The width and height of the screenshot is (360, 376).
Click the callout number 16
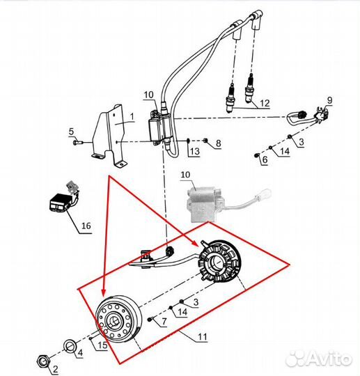point(86,226)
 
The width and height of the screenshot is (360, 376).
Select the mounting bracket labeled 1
point(111,136)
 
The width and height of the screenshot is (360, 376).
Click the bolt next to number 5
point(77,143)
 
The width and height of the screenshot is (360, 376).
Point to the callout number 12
point(265,103)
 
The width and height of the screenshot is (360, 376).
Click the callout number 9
point(330,100)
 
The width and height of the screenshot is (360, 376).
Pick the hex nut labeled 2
point(43,361)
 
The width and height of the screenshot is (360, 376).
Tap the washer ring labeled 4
point(70,347)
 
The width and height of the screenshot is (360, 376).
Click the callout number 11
point(202,337)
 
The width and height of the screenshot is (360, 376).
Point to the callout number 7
point(164,322)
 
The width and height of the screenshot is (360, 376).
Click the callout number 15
point(102,345)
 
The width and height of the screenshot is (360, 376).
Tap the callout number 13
point(195,151)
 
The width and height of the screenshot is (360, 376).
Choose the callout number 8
point(218,143)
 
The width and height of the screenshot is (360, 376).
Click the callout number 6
point(265,159)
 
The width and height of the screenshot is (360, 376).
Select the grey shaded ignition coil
point(204,204)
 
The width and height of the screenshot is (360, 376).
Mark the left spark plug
point(231,98)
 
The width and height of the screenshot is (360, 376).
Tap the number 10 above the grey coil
point(185,175)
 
